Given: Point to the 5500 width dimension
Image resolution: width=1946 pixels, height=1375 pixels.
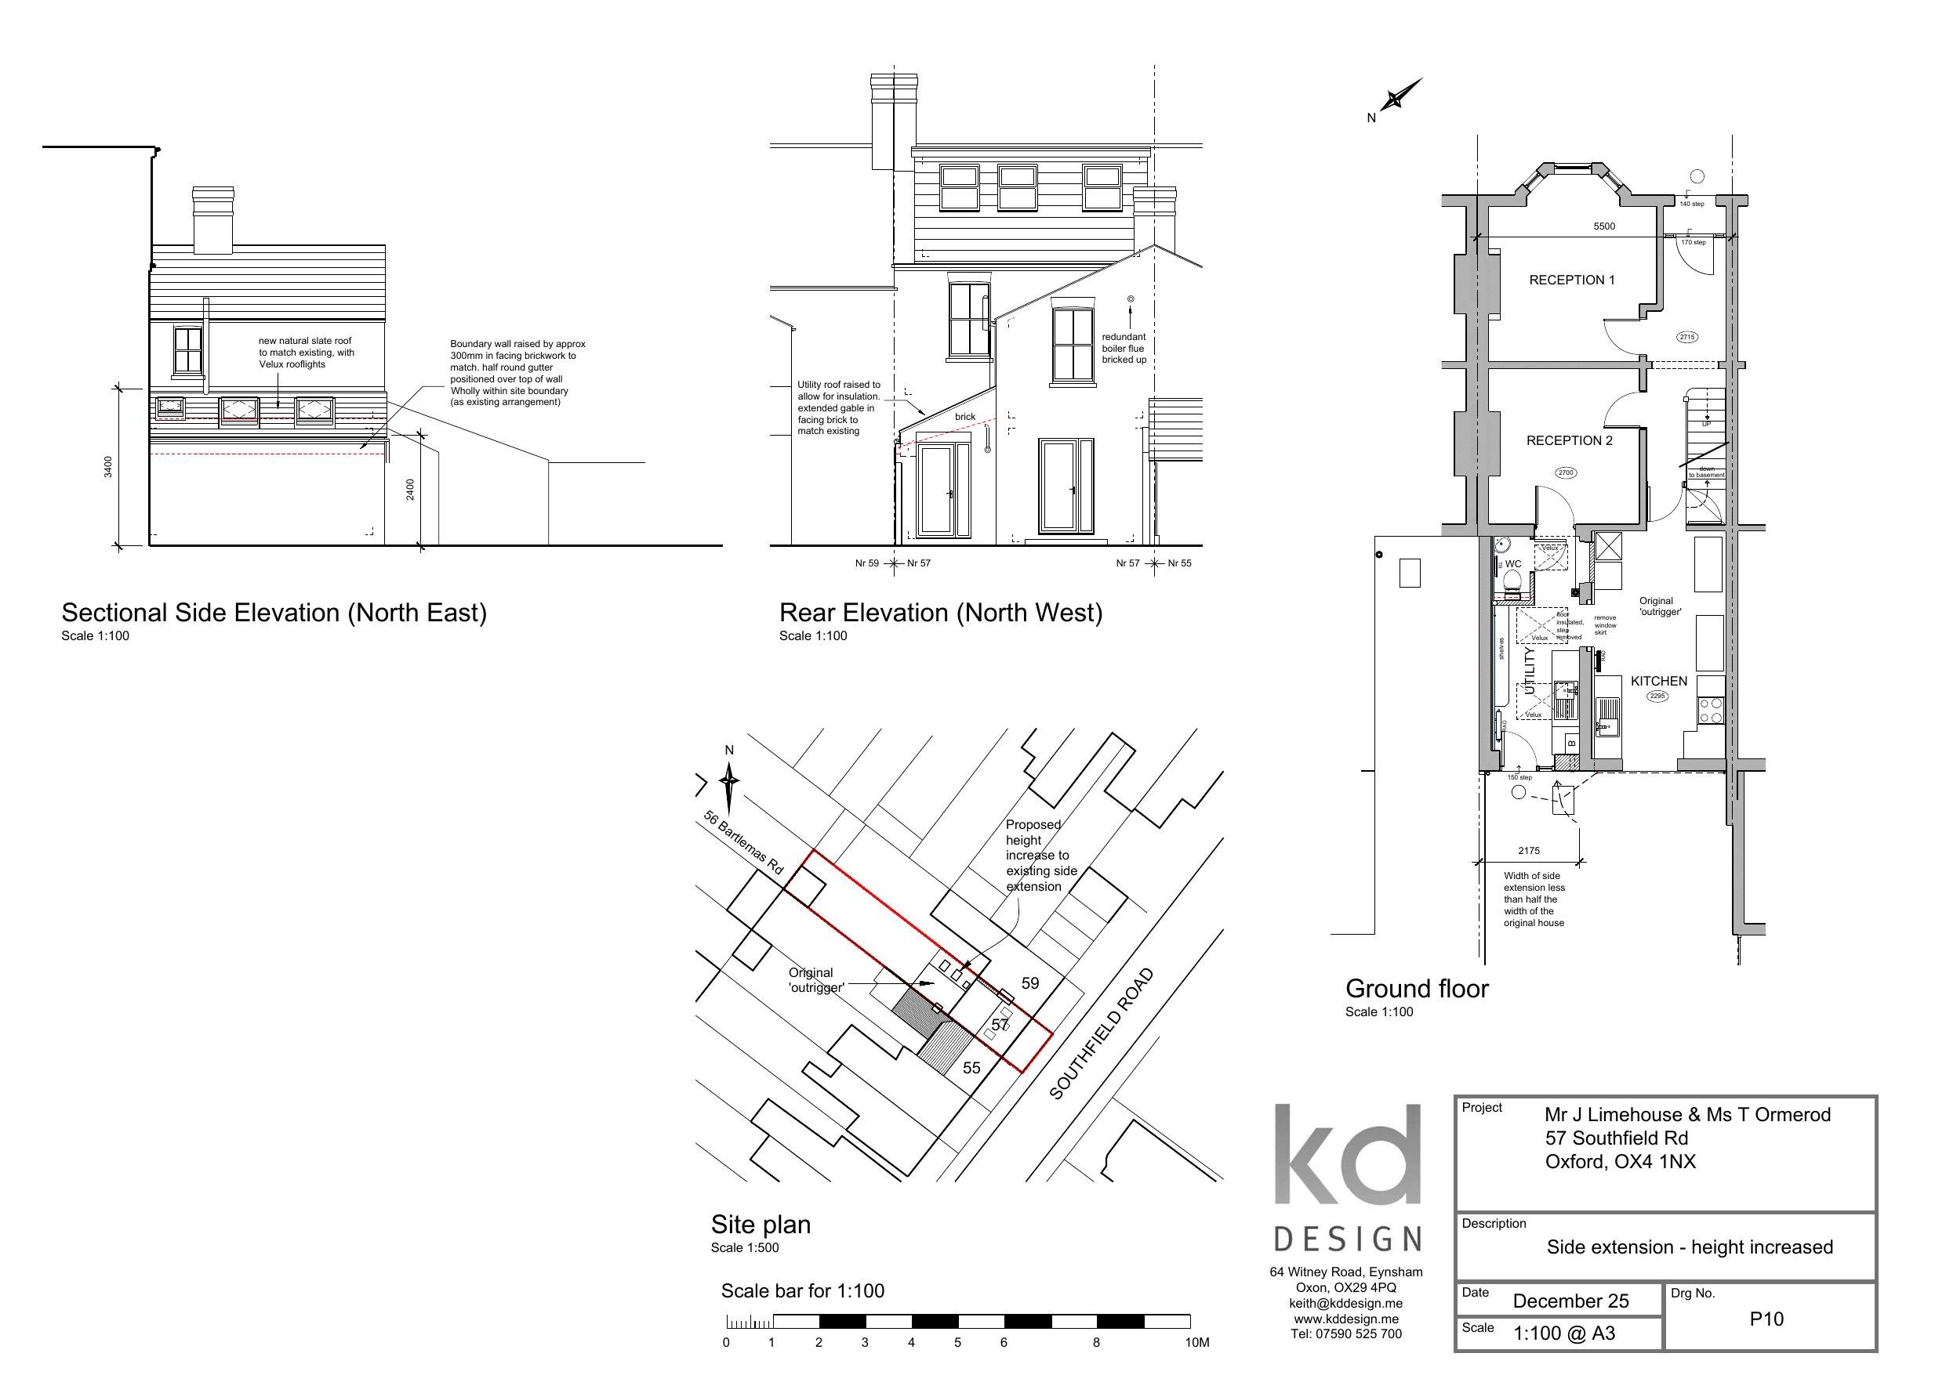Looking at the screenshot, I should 1603,226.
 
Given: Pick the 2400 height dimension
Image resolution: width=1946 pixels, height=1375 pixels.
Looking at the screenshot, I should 410,490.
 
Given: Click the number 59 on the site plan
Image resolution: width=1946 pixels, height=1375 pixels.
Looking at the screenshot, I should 1029,983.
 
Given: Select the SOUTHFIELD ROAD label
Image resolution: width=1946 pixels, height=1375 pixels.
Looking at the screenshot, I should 1101,1034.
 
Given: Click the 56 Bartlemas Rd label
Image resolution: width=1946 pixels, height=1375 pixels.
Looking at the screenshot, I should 743,842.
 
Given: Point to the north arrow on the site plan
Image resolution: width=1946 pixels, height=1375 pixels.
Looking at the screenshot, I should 730,783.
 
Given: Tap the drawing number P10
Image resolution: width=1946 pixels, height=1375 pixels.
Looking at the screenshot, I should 1766,1319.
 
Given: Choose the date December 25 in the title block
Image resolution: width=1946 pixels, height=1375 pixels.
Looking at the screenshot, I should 1570,1301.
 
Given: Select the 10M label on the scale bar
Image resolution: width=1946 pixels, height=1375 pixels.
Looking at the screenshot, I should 1196,1343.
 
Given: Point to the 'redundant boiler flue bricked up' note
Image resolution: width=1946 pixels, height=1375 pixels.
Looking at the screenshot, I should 1124,348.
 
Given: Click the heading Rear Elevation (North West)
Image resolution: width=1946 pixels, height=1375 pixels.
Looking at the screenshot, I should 940,613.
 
